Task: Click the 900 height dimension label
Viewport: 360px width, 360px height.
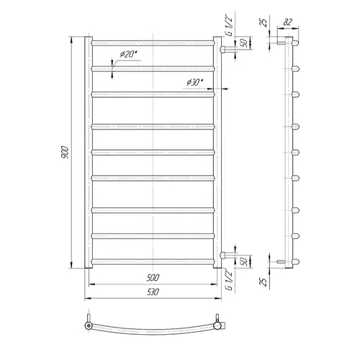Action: (65, 152)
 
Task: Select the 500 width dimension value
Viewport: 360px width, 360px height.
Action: (153, 278)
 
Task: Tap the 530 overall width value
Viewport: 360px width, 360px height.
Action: (153, 292)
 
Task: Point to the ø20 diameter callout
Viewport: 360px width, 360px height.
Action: (127, 54)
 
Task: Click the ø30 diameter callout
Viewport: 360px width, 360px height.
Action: (194, 82)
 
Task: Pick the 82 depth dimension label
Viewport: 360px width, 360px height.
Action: (287, 22)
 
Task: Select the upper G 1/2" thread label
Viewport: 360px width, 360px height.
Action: (230, 25)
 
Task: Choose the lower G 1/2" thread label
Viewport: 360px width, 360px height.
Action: (230, 279)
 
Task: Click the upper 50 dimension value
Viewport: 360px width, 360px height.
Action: (244, 43)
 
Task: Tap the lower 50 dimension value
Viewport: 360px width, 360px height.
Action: (243, 261)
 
